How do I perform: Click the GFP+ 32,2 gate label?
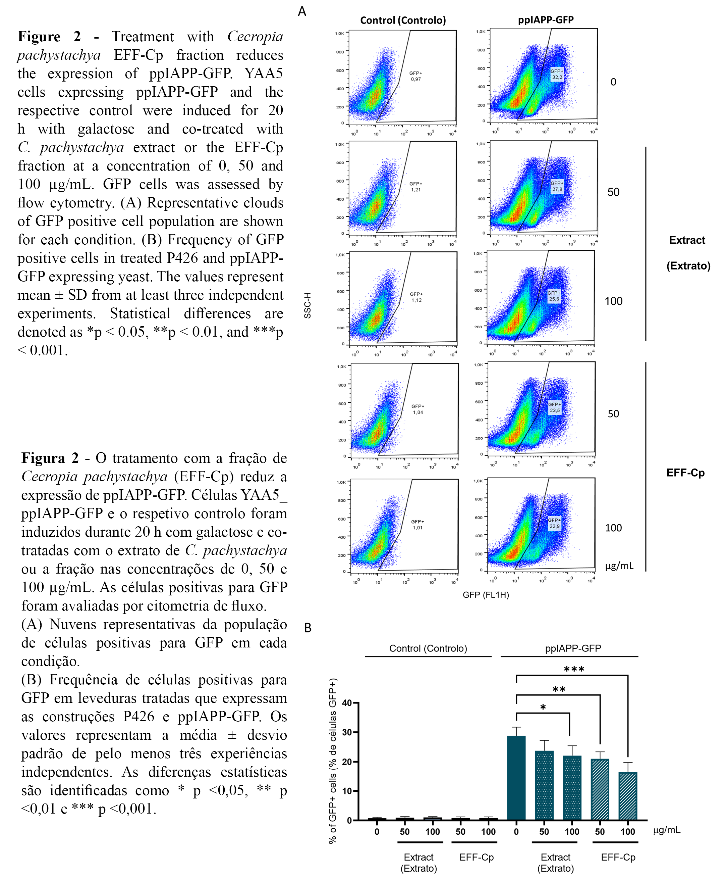tap(557, 75)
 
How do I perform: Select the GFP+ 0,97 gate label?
tap(415, 76)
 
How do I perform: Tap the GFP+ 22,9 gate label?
tap(554, 523)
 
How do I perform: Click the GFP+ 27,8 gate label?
tap(557, 186)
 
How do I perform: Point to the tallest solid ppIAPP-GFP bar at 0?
tap(516, 777)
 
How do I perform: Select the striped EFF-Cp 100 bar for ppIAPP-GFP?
tap(628, 796)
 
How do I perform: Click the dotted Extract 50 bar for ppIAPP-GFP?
tap(544, 785)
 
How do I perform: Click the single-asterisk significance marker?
tap(543, 708)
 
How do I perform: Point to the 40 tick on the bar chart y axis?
tap(347, 703)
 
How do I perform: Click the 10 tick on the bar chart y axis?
tap(347, 791)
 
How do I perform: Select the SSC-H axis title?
tap(308, 305)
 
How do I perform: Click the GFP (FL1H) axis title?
tap(486, 595)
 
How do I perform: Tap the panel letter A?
tap(302, 11)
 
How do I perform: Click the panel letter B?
tap(308, 628)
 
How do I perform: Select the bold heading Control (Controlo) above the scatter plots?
tap(403, 20)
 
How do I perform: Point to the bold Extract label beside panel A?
tap(687, 240)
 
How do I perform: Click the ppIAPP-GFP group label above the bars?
tap(573, 648)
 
